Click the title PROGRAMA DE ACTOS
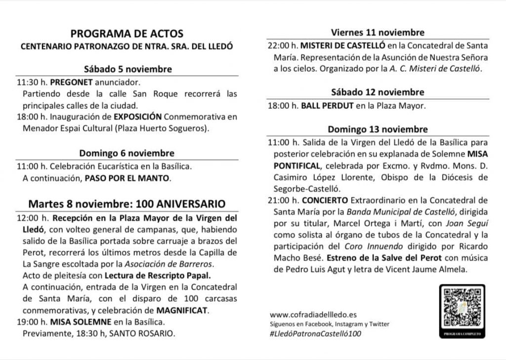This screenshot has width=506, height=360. point(126,34)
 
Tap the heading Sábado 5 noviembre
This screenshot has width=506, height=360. point(127,69)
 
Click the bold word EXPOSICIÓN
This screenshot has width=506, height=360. point(138,117)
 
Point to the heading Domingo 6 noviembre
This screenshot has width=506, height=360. point(127,153)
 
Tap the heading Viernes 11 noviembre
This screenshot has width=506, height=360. point(378,33)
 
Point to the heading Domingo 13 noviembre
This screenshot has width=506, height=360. point(378,130)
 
